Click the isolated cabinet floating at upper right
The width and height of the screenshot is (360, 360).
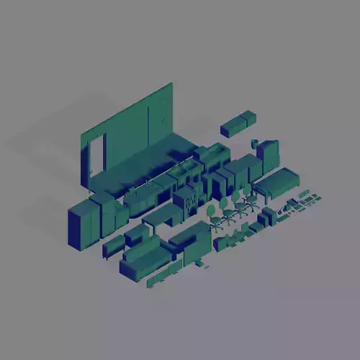click(x=238, y=123)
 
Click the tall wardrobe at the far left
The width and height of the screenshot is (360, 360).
click(x=83, y=223)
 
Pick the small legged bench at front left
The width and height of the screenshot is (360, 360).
click(x=113, y=247)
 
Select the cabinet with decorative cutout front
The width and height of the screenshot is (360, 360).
click(x=186, y=200)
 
